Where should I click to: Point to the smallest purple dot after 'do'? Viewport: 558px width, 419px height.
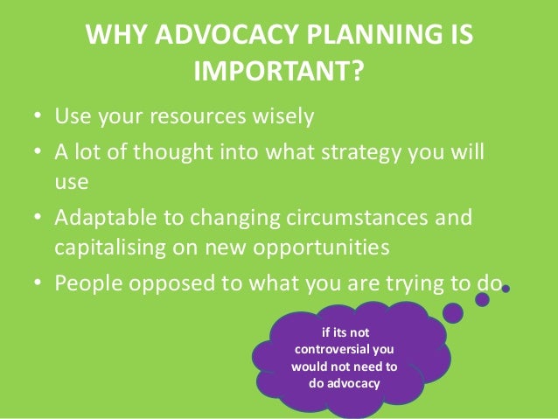click(x=506, y=288)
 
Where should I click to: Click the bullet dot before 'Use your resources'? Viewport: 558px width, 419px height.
click(x=38, y=116)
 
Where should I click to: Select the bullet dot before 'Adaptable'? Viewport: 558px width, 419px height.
click(x=38, y=216)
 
